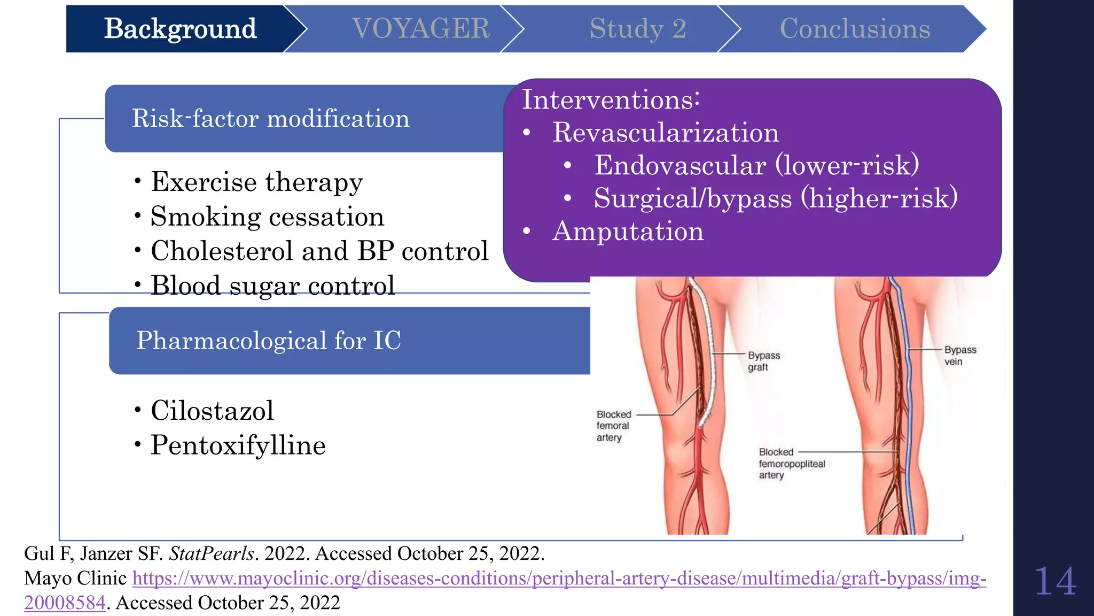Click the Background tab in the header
[x=180, y=29]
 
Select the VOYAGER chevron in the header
[x=420, y=29]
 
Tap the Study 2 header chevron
[x=637, y=29]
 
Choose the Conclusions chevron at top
[x=855, y=29]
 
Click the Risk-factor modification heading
[x=270, y=118]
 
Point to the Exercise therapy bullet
[x=256, y=182]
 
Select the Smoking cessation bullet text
[x=267, y=217]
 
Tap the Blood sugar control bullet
[x=272, y=285]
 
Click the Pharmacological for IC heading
[x=268, y=341]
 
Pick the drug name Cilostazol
[x=212, y=411]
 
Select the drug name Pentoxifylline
[x=238, y=445]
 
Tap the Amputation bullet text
[x=628, y=231]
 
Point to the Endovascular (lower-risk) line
[x=756, y=165]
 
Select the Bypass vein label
[x=959, y=356]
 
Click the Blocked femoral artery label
[x=613, y=426]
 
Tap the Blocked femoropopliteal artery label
[x=791, y=464]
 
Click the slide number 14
[x=1054, y=581]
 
